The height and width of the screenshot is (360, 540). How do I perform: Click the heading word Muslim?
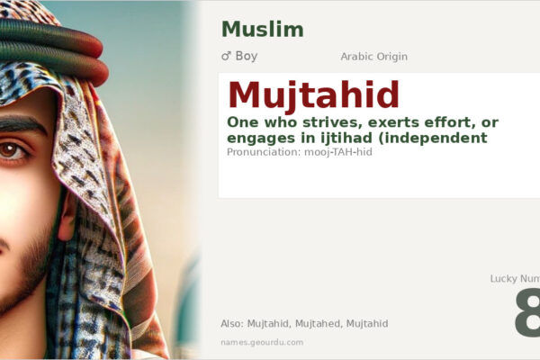tap(262, 29)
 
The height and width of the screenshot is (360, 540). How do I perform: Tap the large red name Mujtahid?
tap(313, 95)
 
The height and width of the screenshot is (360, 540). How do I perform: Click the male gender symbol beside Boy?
tap(226, 56)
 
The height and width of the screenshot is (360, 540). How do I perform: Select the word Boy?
tap(247, 56)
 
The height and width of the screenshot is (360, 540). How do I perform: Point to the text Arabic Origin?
tap(373, 57)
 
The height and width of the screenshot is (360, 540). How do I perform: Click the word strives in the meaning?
tap(328, 121)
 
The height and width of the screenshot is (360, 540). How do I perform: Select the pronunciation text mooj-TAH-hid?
tap(338, 152)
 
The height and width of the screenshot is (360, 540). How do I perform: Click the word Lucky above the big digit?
tap(506, 279)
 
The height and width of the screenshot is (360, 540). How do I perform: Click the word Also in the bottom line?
tap(231, 323)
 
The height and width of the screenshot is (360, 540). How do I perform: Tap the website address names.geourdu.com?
tap(262, 342)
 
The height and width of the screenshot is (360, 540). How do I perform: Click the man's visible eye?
tap(12, 150)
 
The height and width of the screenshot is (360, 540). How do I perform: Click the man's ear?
tap(67, 211)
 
